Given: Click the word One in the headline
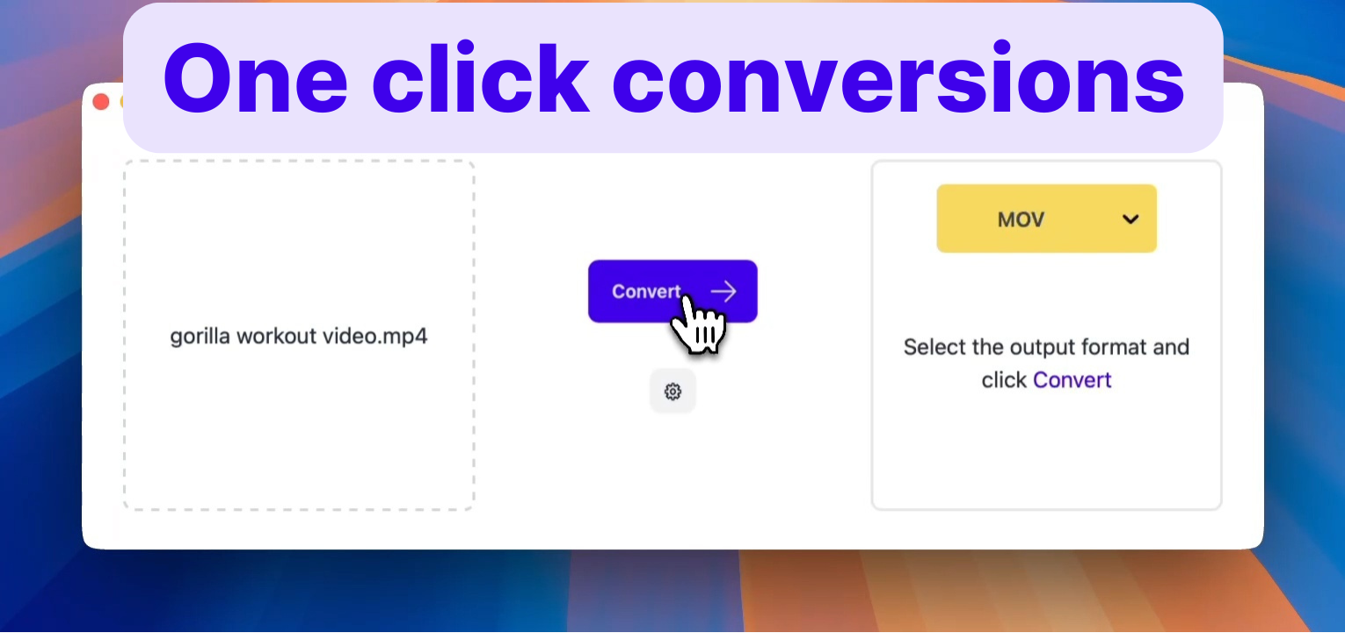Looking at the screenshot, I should tap(255, 79).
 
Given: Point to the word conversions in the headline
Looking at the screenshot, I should tap(898, 79).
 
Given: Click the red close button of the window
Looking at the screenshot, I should tap(101, 102).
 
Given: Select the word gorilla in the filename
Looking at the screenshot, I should tap(200, 337).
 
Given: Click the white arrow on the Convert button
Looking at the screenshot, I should tap(723, 292).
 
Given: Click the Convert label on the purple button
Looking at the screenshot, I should tap(646, 292).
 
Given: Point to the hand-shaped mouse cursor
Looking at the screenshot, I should tap(699, 325).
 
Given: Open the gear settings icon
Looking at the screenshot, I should tap(672, 392).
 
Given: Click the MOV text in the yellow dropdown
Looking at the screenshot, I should tap(1021, 219).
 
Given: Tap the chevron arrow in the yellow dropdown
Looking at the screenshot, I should tap(1131, 219).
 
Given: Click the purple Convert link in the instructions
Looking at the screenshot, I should tap(1072, 380).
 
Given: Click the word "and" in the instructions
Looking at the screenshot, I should tap(1171, 347).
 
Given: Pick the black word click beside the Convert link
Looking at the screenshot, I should tap(1004, 380).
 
